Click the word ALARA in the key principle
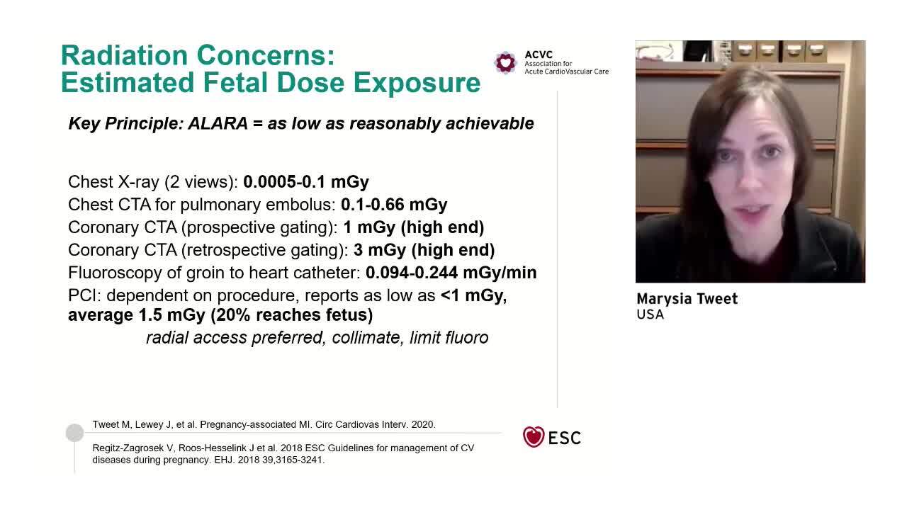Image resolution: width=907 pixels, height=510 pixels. point(218,123)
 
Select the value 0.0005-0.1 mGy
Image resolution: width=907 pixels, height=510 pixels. point(306,182)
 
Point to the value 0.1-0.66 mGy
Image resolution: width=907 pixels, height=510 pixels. point(394,205)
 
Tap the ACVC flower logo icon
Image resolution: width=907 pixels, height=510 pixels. point(505,62)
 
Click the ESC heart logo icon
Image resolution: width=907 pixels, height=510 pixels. point(534,437)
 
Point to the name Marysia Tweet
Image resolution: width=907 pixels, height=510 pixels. point(687,299)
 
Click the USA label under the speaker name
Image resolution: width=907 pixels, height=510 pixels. point(650,314)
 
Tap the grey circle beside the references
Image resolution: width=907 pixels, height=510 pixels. point(74,433)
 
